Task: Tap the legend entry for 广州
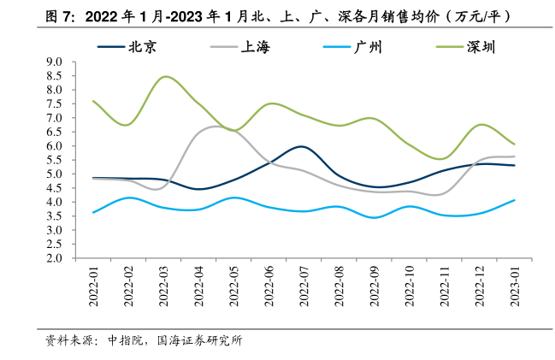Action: tap(368, 48)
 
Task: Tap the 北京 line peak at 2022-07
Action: tap(300, 146)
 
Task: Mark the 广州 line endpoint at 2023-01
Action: tap(514, 200)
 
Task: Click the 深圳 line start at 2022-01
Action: tap(93, 101)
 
